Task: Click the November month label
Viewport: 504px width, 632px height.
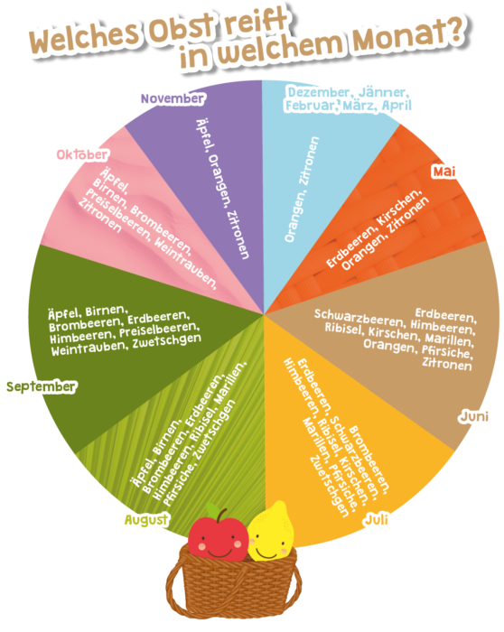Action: (173, 98)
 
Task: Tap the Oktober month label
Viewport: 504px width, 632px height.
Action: (82, 154)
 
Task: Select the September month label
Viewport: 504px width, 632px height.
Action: (42, 387)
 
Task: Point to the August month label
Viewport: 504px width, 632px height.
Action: (146, 520)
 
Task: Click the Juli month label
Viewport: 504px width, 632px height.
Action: (377, 519)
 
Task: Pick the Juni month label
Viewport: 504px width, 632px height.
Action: (474, 416)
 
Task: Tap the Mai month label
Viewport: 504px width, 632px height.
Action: (443, 172)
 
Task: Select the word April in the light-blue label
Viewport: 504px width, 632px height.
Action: (397, 106)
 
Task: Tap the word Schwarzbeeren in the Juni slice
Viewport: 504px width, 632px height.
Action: (359, 318)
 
